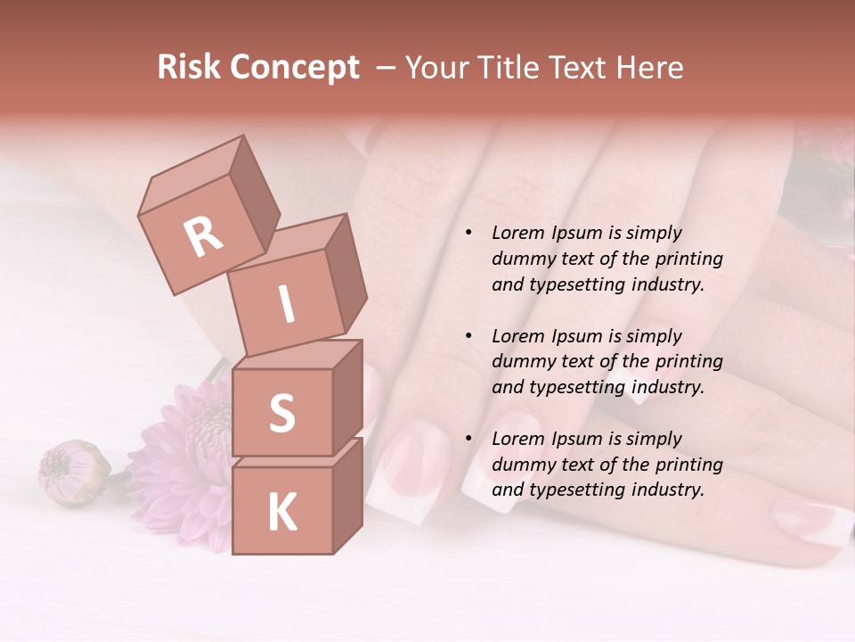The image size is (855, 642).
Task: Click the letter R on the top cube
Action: coord(203,236)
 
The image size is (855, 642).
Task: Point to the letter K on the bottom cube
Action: coord(281,513)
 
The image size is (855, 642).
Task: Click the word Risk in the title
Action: coord(189,67)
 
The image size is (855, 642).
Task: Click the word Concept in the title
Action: coord(294,67)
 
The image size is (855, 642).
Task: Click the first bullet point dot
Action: coord(468,234)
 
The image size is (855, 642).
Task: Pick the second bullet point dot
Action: coord(468,336)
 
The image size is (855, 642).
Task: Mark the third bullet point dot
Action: coord(468,439)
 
